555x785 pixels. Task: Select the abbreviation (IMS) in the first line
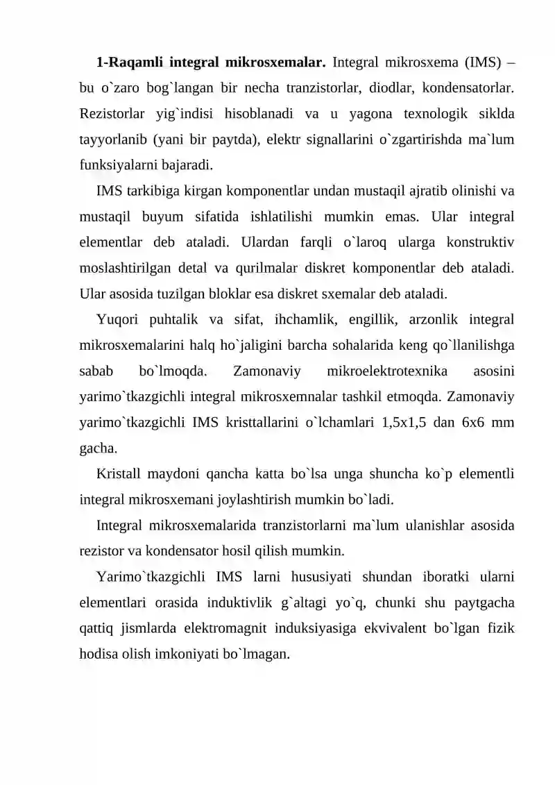coord(476,62)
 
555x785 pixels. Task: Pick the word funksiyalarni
coord(117,165)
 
